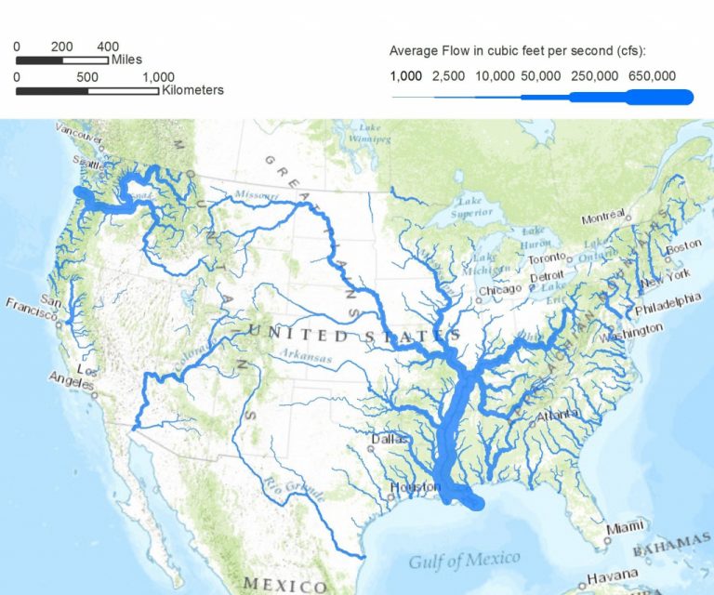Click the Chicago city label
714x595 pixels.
(502, 290)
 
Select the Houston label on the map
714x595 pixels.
(410, 487)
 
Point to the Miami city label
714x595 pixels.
(624, 527)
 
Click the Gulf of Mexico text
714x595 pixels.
(465, 560)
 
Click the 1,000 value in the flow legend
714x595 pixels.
(406, 76)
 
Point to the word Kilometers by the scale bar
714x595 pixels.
(192, 90)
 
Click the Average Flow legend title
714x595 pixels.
(518, 50)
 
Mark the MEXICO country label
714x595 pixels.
(284, 584)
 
